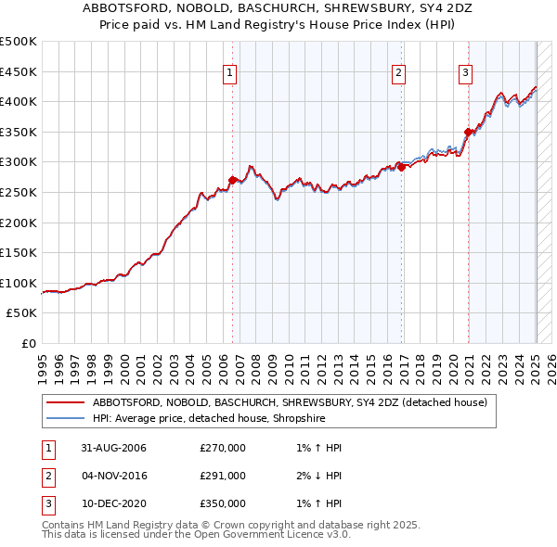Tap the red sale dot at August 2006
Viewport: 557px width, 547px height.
click(232, 180)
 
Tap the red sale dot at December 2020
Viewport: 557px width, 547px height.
click(469, 132)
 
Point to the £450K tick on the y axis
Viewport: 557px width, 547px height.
click(19, 71)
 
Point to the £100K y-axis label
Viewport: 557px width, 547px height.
click(19, 283)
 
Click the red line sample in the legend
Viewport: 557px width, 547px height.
click(65, 402)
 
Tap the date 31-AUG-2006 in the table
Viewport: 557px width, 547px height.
click(114, 449)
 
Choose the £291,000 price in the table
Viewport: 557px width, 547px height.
click(223, 476)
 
